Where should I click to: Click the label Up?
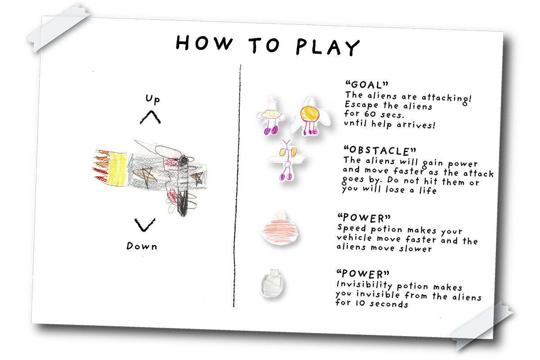(153, 99)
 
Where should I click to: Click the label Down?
(142, 246)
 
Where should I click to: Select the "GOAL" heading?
(367, 85)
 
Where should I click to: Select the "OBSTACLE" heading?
(380, 151)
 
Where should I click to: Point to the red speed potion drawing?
(279, 228)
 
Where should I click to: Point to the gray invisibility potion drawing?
(272, 283)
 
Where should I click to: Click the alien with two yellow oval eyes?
(287, 160)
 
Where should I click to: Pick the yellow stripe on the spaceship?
(117, 170)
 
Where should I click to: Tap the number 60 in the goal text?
(370, 114)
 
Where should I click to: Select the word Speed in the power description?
(352, 228)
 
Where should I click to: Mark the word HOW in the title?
(204, 43)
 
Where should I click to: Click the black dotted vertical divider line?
(237, 186)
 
